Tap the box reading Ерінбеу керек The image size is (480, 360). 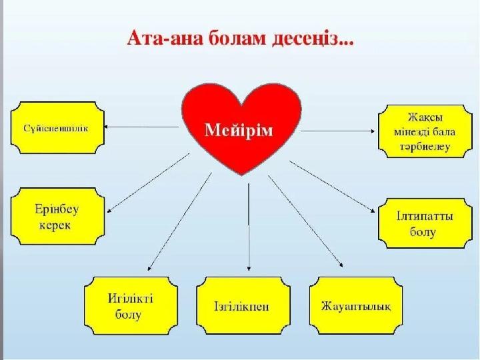tap(57, 217)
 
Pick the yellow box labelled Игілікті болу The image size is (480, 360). tap(131, 306)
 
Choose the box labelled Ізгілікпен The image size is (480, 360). tap(243, 307)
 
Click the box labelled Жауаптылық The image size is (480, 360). tap(356, 307)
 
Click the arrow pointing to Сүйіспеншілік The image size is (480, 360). tap(143, 125)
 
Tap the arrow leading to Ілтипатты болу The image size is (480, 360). tap(333, 187)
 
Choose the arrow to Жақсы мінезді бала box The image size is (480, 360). tap(337, 129)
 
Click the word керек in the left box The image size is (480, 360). tap(57, 225)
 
